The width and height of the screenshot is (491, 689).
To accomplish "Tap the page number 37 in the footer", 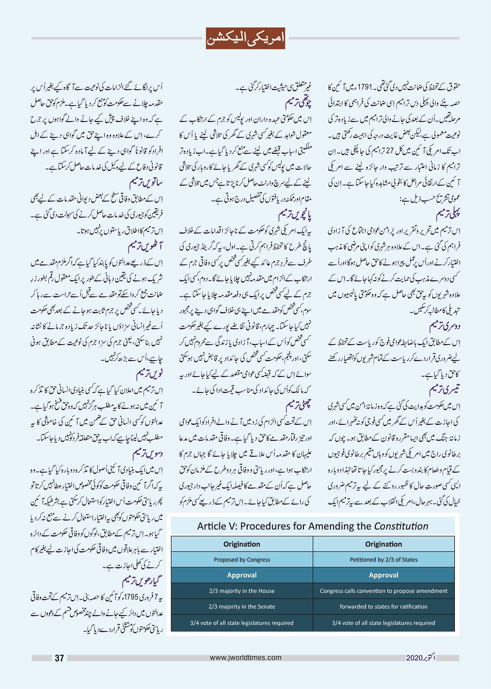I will pos(60,658).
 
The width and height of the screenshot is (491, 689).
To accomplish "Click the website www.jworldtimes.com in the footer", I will pos(245,658).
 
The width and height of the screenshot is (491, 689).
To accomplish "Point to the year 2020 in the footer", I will pos(414,658).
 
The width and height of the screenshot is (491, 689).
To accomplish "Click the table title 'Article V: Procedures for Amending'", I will pos(312,526).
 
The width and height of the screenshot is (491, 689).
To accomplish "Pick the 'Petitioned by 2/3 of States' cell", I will pos(384,559).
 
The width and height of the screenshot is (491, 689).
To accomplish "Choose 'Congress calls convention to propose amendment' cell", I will pos(384,591).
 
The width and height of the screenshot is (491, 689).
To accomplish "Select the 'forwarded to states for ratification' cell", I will pos(384,607).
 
